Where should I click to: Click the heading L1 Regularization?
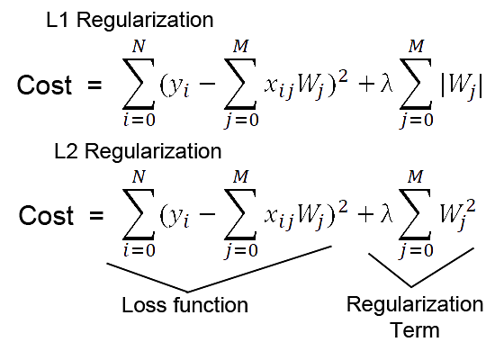click(x=130, y=20)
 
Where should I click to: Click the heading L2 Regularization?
click(x=138, y=151)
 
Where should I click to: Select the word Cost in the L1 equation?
click(x=44, y=85)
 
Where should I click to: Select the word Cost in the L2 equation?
click(x=47, y=215)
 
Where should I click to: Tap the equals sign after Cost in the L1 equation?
click(x=94, y=85)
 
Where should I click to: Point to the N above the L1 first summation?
click(x=139, y=47)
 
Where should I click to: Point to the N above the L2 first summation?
click(x=139, y=176)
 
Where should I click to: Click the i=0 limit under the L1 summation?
click(x=139, y=121)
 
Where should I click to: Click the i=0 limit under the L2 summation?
click(x=139, y=251)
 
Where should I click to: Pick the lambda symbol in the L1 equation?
click(x=387, y=85)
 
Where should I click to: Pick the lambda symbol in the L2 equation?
click(x=387, y=215)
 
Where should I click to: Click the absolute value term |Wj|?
click(x=461, y=85)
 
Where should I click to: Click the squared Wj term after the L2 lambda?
click(x=457, y=215)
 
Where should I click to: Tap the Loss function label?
click(x=185, y=305)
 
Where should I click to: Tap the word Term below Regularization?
click(x=415, y=330)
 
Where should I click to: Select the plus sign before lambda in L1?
click(x=366, y=85)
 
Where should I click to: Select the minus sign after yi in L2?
click(x=207, y=214)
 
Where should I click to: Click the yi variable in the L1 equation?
click(x=179, y=87)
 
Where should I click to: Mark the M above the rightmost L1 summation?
click(x=416, y=47)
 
